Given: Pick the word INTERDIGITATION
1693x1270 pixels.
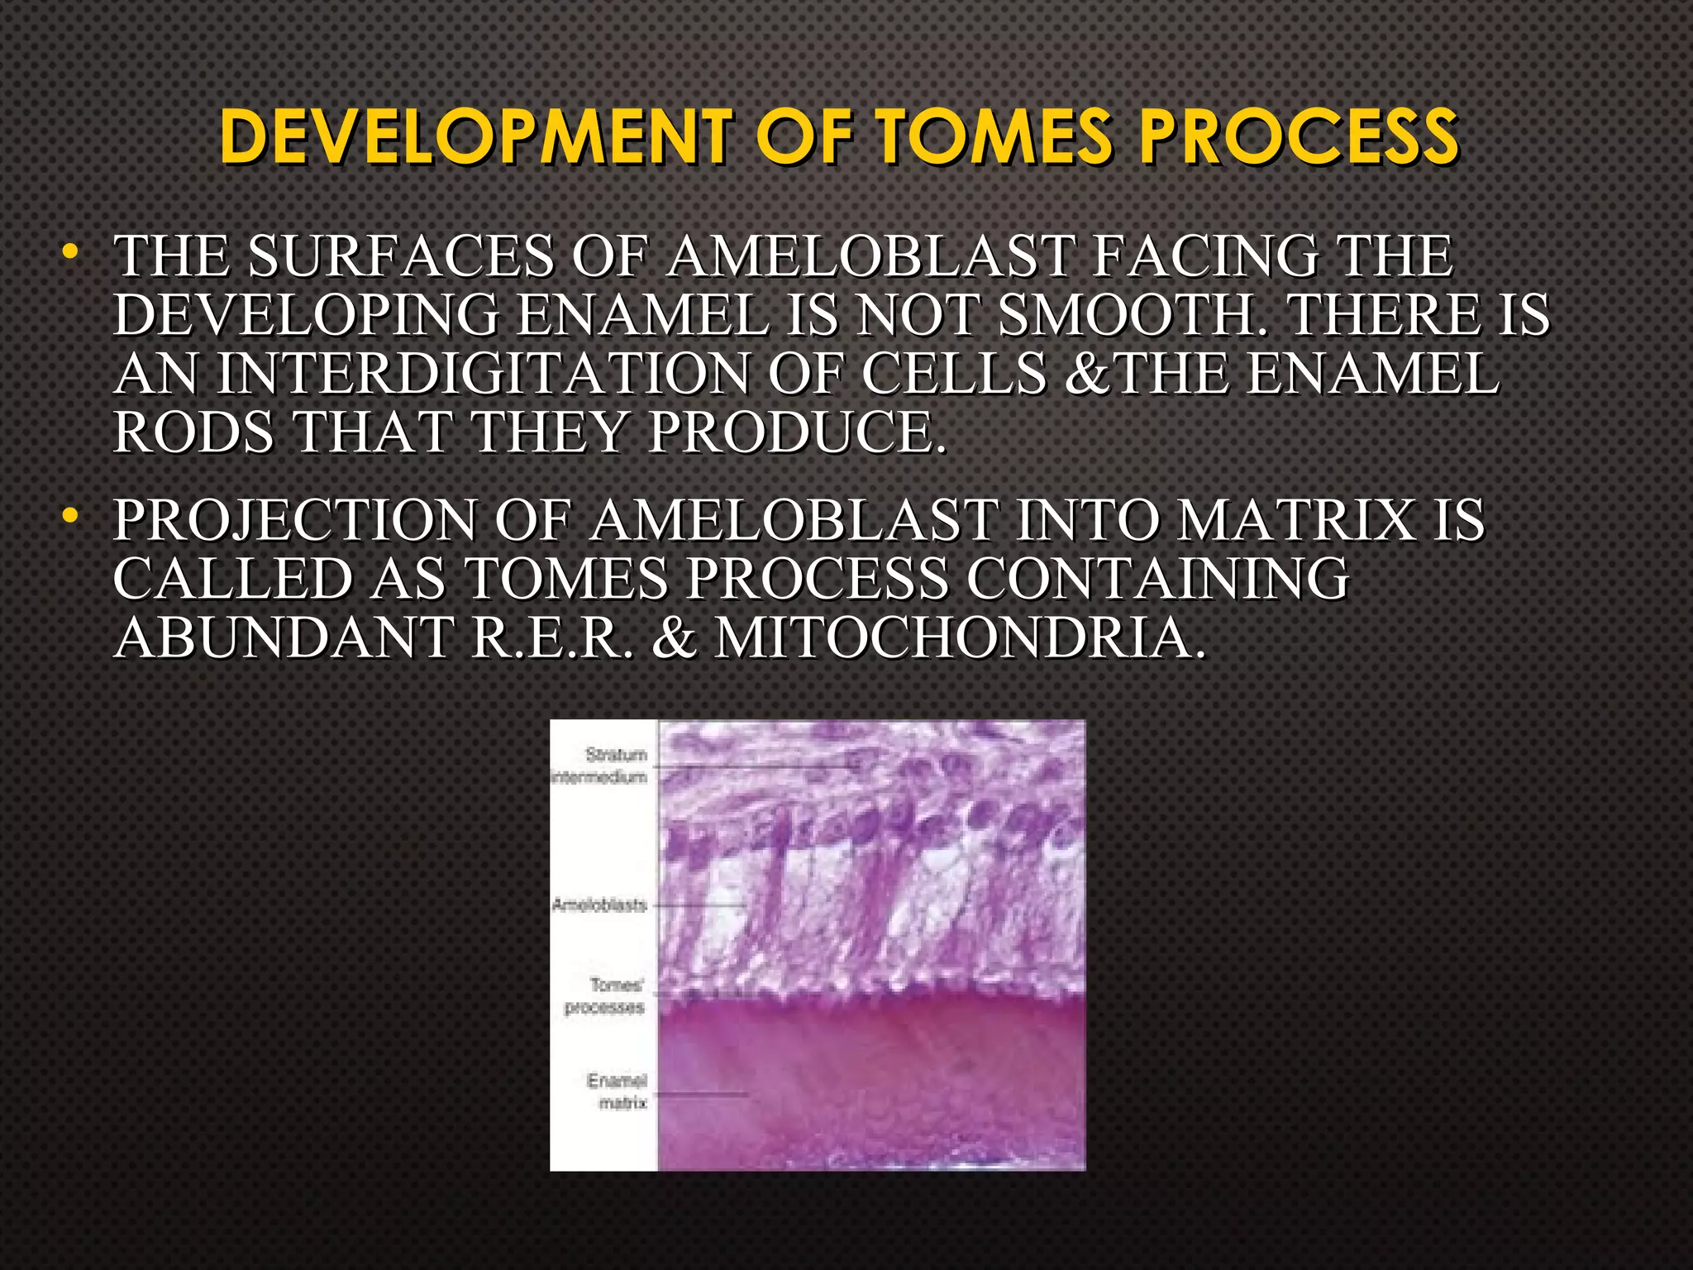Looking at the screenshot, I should coord(483,375).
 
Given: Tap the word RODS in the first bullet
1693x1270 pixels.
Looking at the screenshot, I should coord(193,432).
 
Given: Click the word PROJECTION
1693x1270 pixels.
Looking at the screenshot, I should coord(294,521).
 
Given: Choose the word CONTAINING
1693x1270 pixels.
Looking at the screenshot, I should coord(1157,579).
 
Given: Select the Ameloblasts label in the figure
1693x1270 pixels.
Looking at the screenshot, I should coord(599,905).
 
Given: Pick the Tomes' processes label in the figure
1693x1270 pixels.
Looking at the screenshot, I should coord(606,996).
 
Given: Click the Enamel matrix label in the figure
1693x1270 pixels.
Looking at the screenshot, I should coord(617,1091).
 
